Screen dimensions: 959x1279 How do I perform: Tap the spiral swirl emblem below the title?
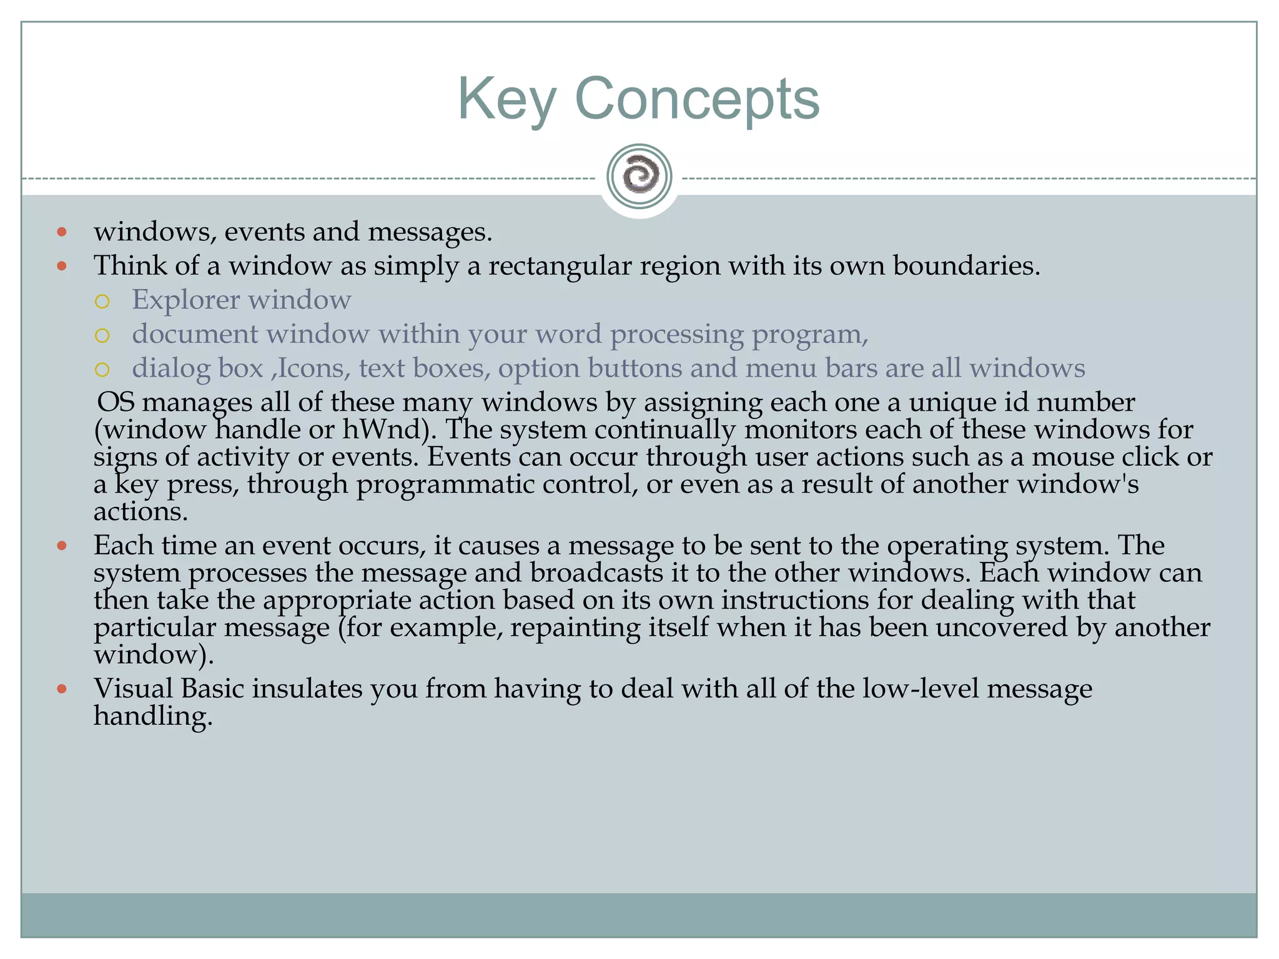pos(639,176)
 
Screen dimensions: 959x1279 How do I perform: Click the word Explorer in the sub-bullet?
pos(185,300)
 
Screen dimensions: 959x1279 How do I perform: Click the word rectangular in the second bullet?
pos(559,266)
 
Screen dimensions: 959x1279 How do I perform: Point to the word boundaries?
pos(965,266)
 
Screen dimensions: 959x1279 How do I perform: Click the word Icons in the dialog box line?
pos(310,368)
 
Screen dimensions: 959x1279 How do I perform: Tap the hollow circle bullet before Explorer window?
pos(102,302)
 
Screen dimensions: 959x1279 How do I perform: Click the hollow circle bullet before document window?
pos(102,336)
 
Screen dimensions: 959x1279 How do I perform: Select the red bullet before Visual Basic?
pos(61,689)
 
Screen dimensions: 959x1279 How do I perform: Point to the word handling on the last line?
pos(152,716)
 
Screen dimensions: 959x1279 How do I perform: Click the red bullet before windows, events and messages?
pos(61,232)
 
